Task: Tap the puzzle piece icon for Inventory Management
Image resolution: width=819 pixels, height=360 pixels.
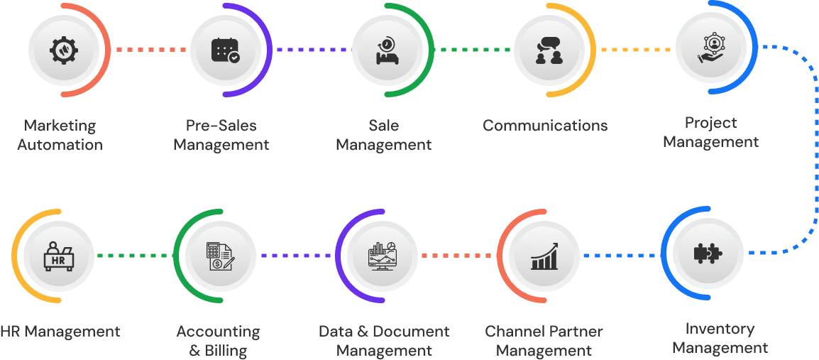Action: click(x=707, y=253)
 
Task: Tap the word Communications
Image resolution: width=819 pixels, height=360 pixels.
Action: click(x=545, y=126)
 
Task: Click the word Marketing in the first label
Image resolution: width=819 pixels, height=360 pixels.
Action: click(x=60, y=126)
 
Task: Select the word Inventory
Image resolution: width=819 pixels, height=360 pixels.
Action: click(x=720, y=329)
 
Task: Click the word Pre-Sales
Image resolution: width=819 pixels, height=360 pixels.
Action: click(x=221, y=126)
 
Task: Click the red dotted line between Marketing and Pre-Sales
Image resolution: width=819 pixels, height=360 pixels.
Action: click(x=150, y=50)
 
